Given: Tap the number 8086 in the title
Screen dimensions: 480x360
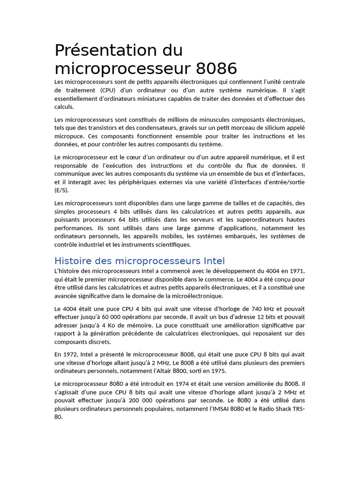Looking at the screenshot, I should (x=217, y=68).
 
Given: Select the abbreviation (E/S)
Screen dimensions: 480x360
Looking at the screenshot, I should (x=61, y=191).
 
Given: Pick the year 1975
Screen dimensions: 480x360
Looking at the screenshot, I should (x=217, y=371).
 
